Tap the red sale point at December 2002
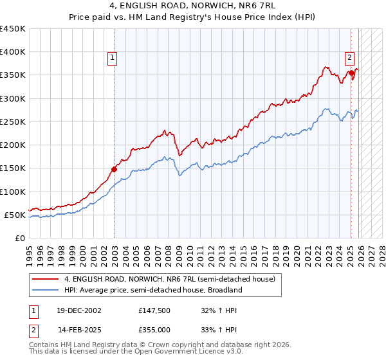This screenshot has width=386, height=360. click(x=115, y=170)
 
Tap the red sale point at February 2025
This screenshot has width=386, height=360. click(x=351, y=73)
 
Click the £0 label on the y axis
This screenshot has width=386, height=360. click(x=19, y=238)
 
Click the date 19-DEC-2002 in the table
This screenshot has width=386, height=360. click(x=79, y=310)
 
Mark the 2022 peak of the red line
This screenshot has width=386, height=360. click(x=326, y=66)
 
